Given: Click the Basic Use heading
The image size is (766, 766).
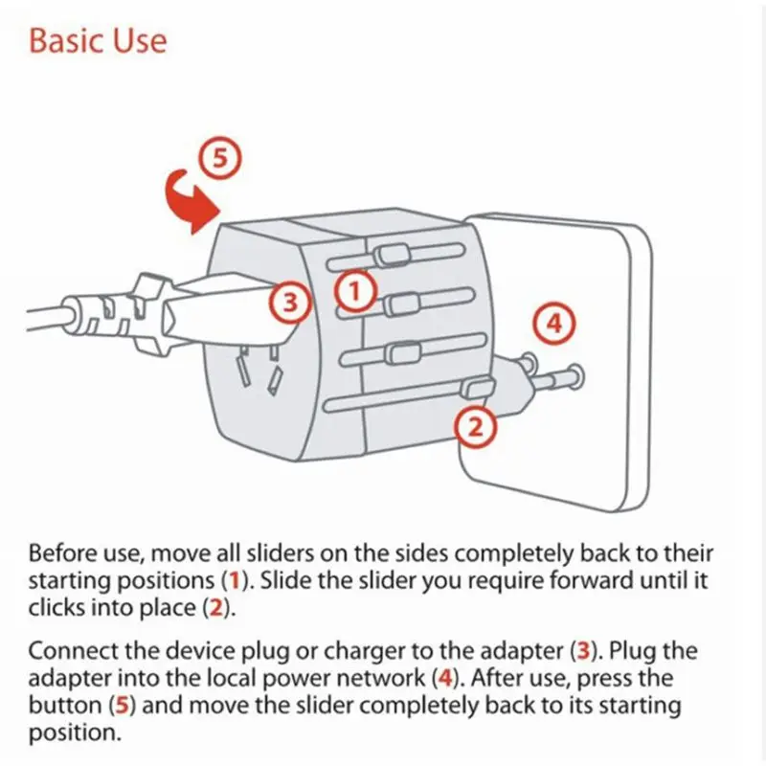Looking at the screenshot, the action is [98, 42].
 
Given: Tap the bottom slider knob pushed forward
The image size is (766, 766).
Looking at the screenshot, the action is [477, 389].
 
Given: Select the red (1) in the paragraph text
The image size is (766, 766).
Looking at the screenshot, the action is [233, 580].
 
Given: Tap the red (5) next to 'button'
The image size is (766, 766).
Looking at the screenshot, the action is [122, 708].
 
